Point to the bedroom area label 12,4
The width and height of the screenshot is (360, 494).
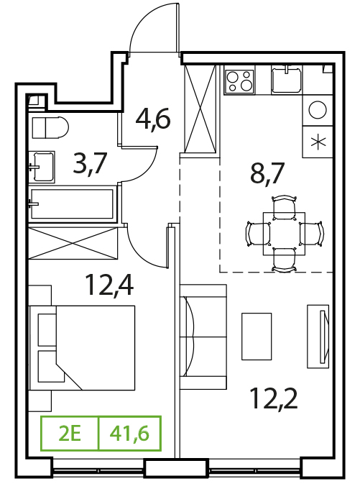point(109,285)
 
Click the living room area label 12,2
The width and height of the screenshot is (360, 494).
point(273,398)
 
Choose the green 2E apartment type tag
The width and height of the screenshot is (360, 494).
point(70,434)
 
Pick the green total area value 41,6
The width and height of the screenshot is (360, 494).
point(129,434)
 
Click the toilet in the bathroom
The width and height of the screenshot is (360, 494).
point(50,127)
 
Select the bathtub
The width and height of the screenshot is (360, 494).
point(72,203)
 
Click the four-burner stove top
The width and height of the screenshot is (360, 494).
point(239,81)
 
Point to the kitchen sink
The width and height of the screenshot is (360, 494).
point(286,81)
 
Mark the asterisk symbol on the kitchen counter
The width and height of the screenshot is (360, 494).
point(317,142)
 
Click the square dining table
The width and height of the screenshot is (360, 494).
point(285,234)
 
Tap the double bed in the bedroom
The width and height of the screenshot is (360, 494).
point(82,348)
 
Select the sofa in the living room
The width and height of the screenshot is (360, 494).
point(203,337)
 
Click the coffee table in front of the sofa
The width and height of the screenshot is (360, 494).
point(257,337)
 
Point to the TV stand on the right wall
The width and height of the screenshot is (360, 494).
point(318,337)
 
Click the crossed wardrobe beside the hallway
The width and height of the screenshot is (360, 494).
point(200,109)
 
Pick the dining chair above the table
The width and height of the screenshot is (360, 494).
point(285,206)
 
